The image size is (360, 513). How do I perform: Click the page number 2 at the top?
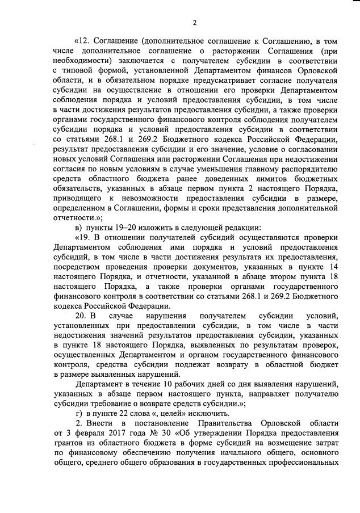tap(194, 23)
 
